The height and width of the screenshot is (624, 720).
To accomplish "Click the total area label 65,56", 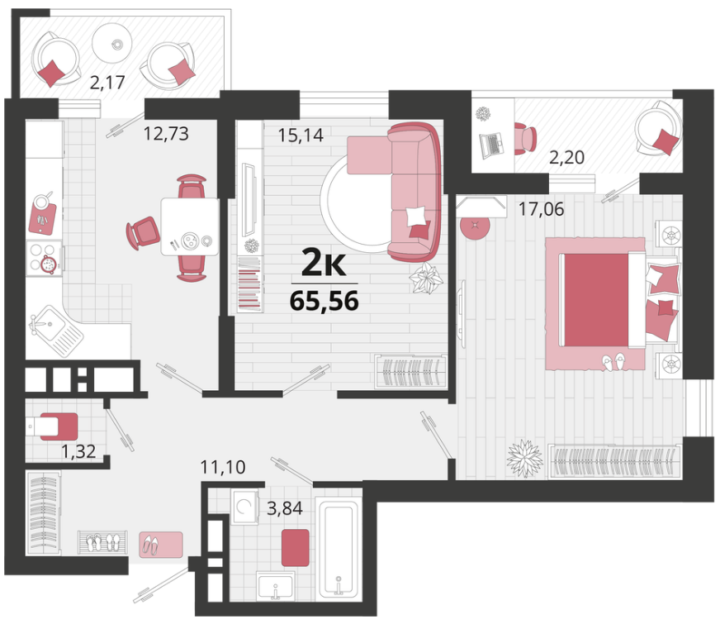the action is pos(324,302).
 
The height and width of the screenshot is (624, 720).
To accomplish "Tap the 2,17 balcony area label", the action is pos(107,83).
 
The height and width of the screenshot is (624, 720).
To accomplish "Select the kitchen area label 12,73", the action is pos(166,134).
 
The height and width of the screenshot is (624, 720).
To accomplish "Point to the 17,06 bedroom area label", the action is pos(541,209).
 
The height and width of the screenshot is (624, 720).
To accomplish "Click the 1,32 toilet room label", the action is pos(78,451).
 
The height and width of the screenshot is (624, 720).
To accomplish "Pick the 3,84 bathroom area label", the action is pos(285,508).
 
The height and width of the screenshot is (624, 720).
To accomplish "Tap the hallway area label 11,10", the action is pos(223,467).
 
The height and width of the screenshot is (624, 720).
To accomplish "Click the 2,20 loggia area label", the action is pos(566,158).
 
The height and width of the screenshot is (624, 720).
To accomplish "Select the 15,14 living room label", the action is pos(301,135).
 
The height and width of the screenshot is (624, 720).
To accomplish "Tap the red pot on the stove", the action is pos(48,264).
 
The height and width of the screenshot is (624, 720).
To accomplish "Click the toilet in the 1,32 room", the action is pos(52,426).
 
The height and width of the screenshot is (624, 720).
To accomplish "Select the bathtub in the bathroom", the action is pos(339,549).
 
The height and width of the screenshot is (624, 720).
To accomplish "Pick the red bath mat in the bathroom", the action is pos(296,547).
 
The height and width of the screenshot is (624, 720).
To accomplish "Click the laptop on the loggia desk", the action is pos(491,145).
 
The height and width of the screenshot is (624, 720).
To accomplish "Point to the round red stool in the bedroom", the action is pos(475,226).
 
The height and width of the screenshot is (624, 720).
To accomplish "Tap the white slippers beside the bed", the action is pos(614,362).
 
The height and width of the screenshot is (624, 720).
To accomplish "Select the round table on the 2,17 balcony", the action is pos(112,43).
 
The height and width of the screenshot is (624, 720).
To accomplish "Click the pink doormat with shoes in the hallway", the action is pos(161,545).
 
